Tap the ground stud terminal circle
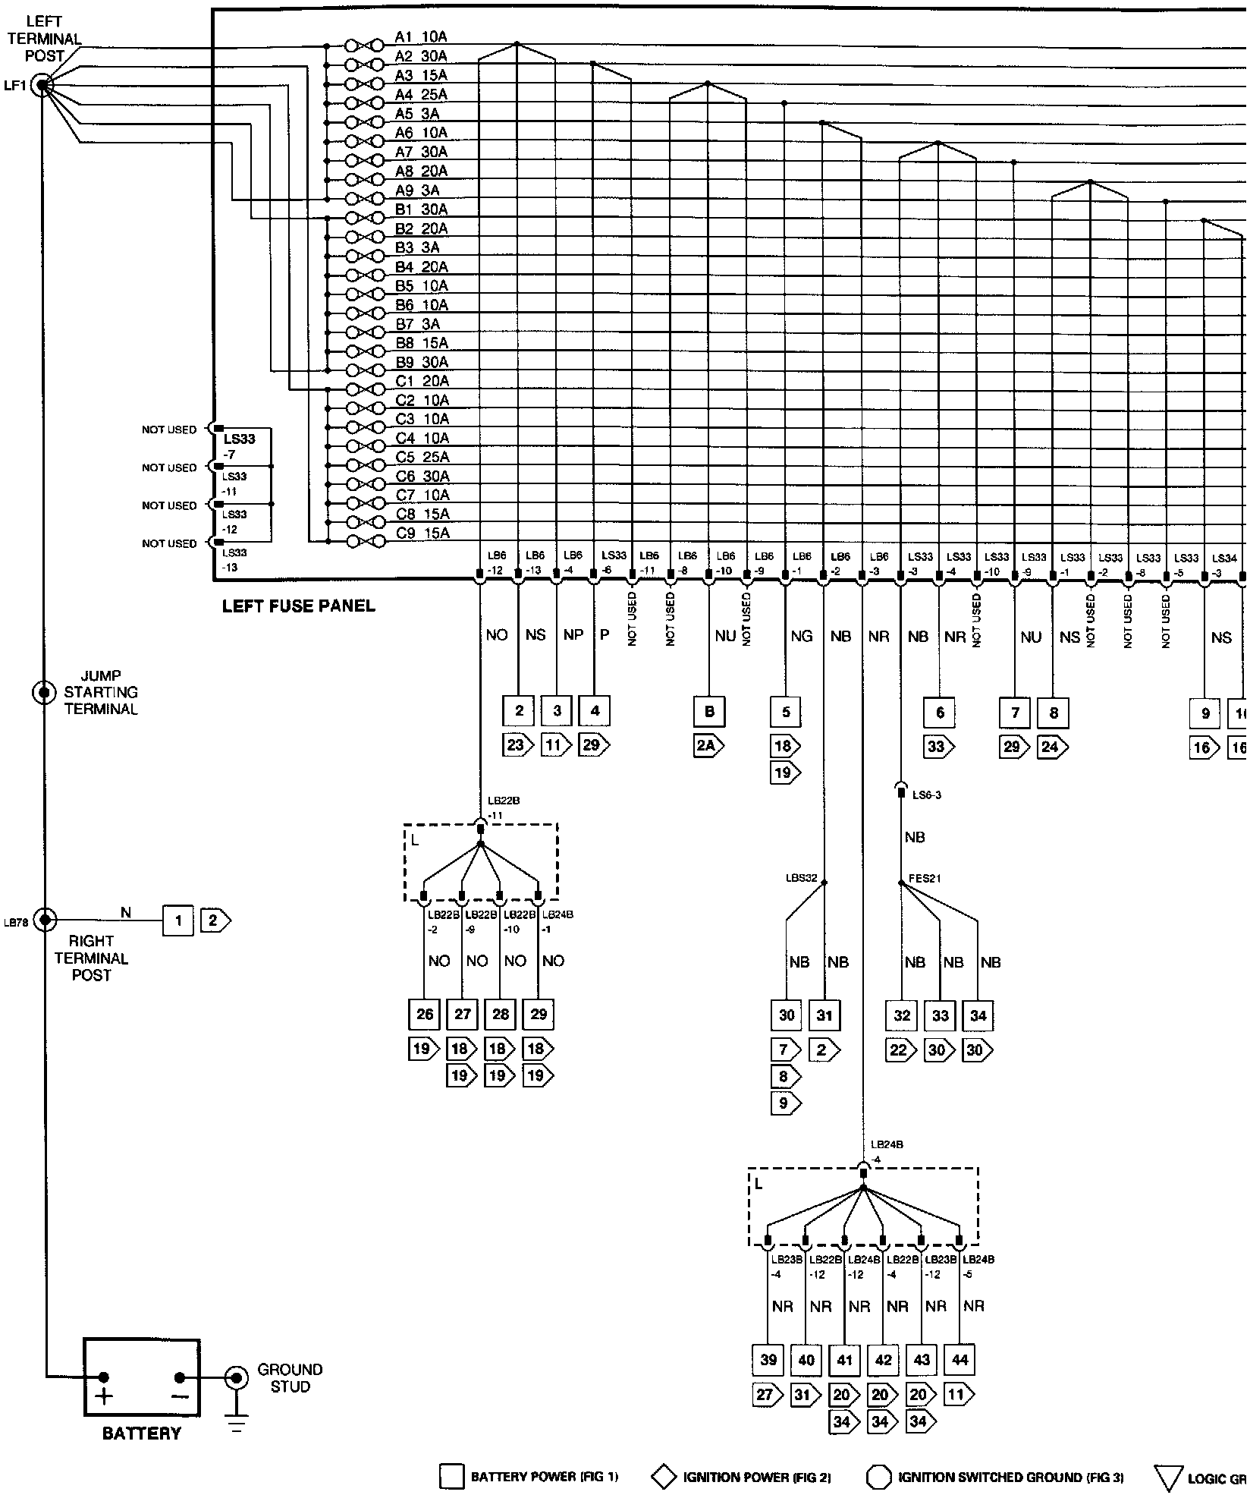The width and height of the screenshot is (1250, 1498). (237, 1377)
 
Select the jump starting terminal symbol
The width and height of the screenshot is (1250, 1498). (44, 692)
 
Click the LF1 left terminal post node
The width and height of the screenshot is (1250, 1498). (41, 86)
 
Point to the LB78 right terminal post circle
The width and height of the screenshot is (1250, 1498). (46, 921)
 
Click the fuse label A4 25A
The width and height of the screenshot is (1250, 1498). (421, 95)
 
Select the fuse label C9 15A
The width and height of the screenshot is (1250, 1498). (422, 533)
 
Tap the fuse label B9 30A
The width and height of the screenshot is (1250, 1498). (422, 362)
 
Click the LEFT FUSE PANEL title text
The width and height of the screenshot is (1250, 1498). (298, 606)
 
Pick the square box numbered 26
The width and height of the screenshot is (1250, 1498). (425, 1014)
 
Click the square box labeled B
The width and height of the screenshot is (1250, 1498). (709, 712)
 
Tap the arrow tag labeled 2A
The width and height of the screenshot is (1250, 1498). (708, 746)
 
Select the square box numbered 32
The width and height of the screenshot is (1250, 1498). (902, 1015)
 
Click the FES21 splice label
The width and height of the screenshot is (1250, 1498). (925, 879)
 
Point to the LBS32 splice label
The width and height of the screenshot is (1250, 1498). (801, 879)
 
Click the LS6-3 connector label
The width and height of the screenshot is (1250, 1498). (927, 795)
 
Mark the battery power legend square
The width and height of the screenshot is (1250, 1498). (451, 1477)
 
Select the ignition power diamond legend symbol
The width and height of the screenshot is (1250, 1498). (664, 1477)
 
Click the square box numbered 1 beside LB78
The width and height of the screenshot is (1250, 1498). (178, 921)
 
